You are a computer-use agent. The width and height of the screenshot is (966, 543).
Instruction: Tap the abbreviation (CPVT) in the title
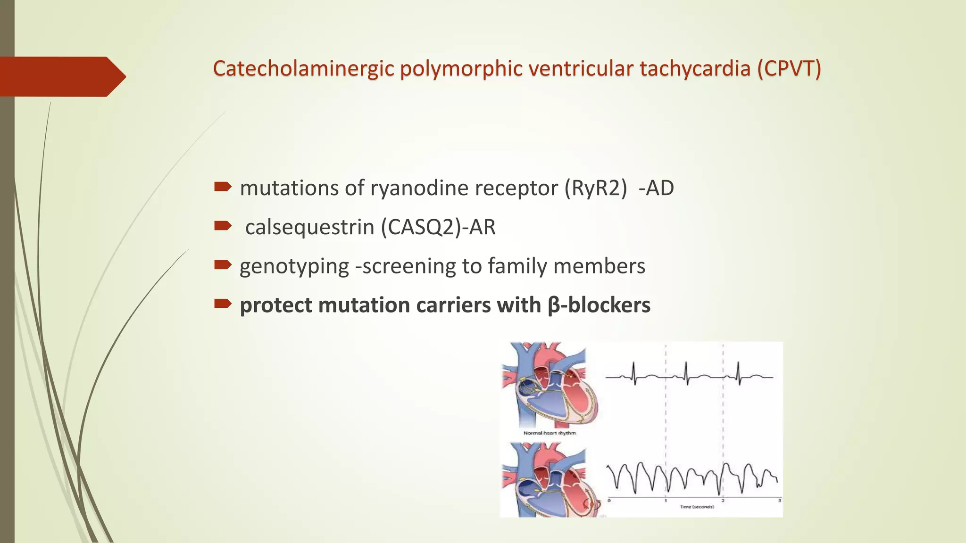click(789, 69)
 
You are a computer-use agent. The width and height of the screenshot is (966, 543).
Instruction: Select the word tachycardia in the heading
click(695, 69)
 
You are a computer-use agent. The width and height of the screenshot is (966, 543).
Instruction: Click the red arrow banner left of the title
click(61, 76)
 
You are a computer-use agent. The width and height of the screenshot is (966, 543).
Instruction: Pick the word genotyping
click(294, 266)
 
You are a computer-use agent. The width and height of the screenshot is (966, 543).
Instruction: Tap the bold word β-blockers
click(599, 305)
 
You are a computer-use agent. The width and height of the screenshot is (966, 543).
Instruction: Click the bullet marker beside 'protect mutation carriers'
click(222, 304)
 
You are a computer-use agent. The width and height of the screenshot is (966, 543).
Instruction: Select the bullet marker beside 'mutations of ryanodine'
click(222, 187)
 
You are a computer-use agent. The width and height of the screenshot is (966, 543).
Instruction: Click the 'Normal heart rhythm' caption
click(550, 433)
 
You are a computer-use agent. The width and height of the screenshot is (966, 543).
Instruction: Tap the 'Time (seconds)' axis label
click(697, 507)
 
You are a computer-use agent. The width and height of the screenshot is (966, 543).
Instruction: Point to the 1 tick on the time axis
click(666, 501)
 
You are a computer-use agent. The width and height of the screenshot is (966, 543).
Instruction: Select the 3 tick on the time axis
click(779, 501)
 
